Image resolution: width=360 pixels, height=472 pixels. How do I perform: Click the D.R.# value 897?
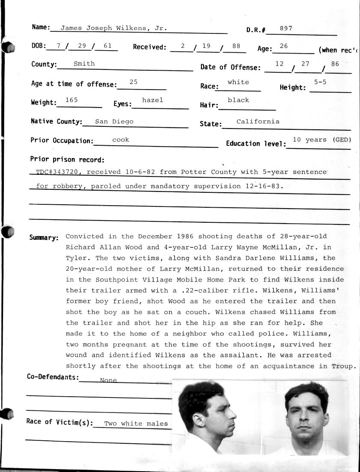pyautogui.click(x=286, y=28)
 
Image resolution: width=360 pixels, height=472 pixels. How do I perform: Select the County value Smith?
pyautogui.click(x=84, y=63)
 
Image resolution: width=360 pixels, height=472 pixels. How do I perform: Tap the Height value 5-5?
pyautogui.click(x=320, y=82)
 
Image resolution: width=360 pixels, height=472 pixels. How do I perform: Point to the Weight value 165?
pyautogui.click(x=71, y=100)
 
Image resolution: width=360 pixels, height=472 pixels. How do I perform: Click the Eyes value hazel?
pyautogui.click(x=153, y=100)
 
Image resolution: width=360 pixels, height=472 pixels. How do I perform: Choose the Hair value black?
pyautogui.click(x=238, y=100)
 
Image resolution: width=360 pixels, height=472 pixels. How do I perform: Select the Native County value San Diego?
pyautogui.click(x=114, y=121)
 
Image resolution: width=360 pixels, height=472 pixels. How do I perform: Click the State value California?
pyautogui.click(x=258, y=121)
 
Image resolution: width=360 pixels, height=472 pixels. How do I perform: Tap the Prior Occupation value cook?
pyautogui.click(x=120, y=140)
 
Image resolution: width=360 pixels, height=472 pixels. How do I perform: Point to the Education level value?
pyautogui.click(x=322, y=140)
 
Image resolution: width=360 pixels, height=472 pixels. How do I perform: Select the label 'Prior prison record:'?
pyautogui.click(x=67, y=160)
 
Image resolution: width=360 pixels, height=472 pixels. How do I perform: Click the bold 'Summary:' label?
pyautogui.click(x=44, y=238)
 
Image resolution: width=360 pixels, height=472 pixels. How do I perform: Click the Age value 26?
pyautogui.click(x=283, y=46)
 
